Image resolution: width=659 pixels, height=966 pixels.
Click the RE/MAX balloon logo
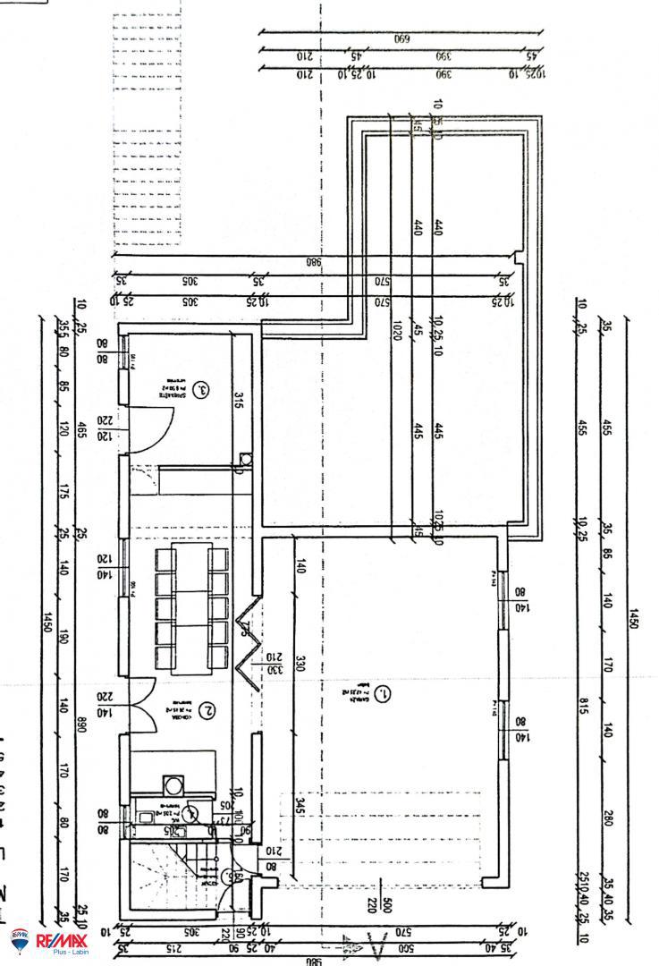(20, 940)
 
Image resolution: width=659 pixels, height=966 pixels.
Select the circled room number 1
(381, 693)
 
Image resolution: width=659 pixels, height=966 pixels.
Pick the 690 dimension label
(401, 38)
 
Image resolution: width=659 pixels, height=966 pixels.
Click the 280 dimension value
(608, 818)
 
